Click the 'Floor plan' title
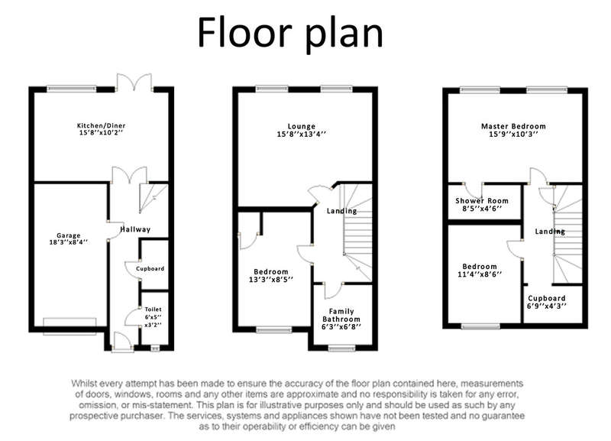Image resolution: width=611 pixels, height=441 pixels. pyautogui.click(x=290, y=33)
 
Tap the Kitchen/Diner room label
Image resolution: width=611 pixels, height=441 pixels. pyautogui.click(x=102, y=125)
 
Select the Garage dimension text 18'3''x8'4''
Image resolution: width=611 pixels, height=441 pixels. pyautogui.click(x=68, y=242)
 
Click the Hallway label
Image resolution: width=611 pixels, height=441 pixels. pyautogui.click(x=135, y=229)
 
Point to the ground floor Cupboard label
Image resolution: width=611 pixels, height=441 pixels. pyautogui.click(x=150, y=269)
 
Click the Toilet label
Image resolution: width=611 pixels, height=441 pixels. pyautogui.click(x=154, y=310)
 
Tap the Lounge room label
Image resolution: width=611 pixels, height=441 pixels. pyautogui.click(x=301, y=126)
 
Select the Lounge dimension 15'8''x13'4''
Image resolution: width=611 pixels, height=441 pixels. pyautogui.click(x=301, y=134)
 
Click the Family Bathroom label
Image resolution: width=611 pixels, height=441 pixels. pyautogui.click(x=341, y=315)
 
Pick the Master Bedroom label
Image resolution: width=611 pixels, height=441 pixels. pyautogui.click(x=513, y=126)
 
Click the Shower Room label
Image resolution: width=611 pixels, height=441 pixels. pyautogui.click(x=482, y=201)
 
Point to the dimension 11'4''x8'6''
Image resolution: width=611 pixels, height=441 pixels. pyautogui.click(x=480, y=274)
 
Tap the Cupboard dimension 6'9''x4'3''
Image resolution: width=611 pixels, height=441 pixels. pyautogui.click(x=546, y=306)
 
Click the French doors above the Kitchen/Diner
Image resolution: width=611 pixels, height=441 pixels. pyautogui.click(x=134, y=83)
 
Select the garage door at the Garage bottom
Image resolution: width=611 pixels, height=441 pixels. pyautogui.click(x=70, y=326)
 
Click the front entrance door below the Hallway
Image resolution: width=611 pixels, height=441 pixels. pyautogui.click(x=122, y=342)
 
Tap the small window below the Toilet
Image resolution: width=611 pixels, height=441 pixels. pyautogui.click(x=155, y=348)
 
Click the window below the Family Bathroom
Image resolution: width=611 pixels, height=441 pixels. pyautogui.click(x=341, y=348)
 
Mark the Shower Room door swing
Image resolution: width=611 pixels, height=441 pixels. pyautogui.click(x=472, y=191)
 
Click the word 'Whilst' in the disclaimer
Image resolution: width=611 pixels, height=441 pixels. pyautogui.click(x=84, y=383)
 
